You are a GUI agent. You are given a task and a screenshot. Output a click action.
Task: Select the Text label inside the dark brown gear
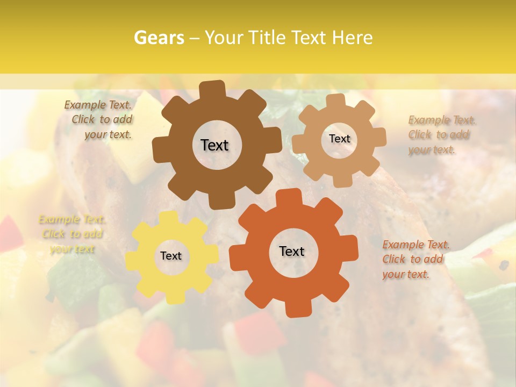pyautogui.click(x=214, y=145)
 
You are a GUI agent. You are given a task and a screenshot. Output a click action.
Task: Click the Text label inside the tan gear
pyautogui.click(x=339, y=139)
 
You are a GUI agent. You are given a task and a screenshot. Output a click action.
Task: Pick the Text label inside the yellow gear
pyautogui.click(x=171, y=256)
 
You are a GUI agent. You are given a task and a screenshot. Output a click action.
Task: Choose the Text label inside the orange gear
pyautogui.click(x=292, y=251)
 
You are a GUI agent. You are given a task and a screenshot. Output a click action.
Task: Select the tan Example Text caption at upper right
pyautogui.click(x=441, y=135)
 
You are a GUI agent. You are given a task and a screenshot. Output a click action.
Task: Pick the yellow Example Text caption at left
pyautogui.click(x=72, y=234)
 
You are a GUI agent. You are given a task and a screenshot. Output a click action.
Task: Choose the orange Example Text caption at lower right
pyautogui.click(x=415, y=259)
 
